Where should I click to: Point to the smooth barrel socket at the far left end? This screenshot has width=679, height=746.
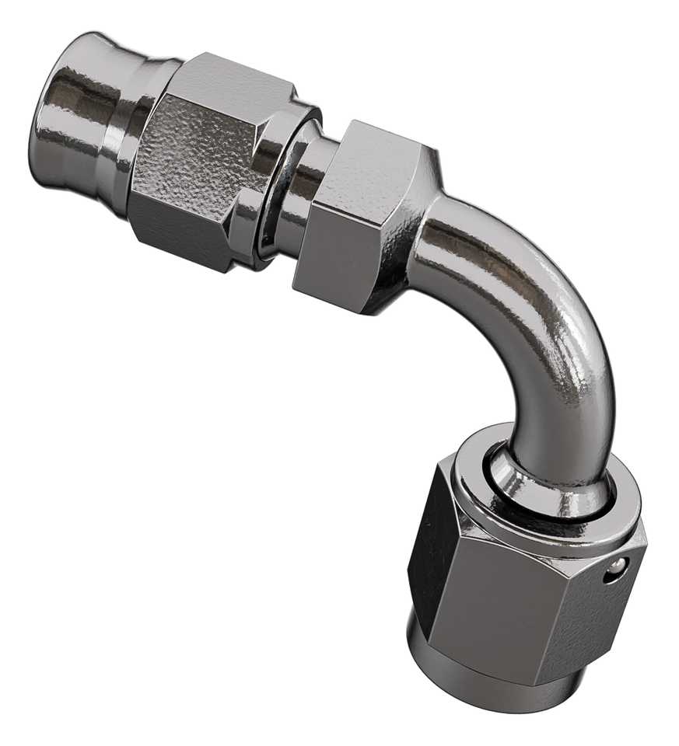click(x=86, y=117)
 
